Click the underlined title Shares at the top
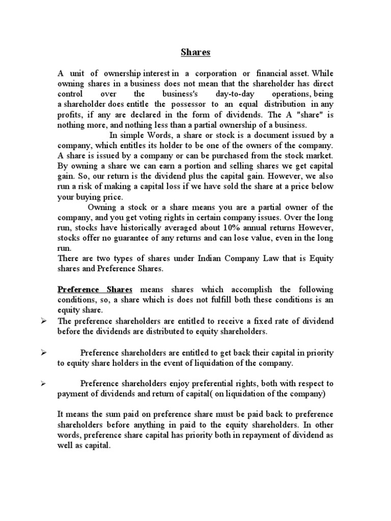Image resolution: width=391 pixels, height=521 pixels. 195,52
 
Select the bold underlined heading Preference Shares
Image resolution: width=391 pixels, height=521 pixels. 95,289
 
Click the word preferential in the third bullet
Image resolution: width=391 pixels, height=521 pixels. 218,384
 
